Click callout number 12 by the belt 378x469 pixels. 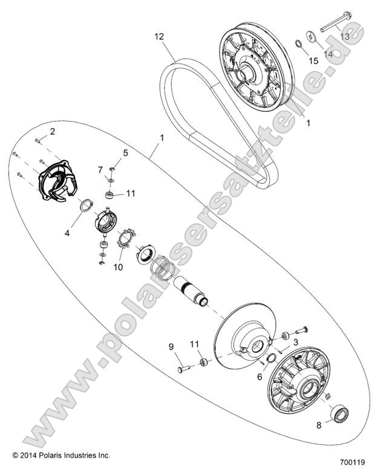click(x=159, y=37)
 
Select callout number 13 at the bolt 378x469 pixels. click(x=345, y=37)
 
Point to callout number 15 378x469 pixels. click(x=314, y=60)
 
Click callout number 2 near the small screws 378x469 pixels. click(x=52, y=131)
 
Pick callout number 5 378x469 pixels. click(x=125, y=154)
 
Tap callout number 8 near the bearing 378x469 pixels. click(x=320, y=425)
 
